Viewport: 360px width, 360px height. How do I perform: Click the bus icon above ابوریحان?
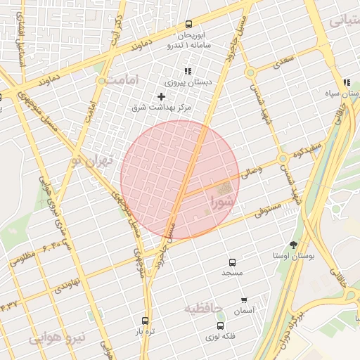point(188,24)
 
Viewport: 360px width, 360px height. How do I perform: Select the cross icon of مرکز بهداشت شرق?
point(162,96)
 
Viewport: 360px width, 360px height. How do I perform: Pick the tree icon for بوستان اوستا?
point(293,245)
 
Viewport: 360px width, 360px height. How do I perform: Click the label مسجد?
point(232,271)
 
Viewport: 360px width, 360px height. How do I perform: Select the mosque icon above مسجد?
point(233,262)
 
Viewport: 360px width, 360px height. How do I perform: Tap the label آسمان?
point(245,310)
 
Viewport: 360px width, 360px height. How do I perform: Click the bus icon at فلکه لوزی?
point(221,326)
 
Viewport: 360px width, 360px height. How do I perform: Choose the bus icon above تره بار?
point(146,321)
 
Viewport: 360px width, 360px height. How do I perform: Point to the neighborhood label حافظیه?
point(203,309)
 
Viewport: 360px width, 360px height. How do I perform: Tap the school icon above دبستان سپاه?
point(347,82)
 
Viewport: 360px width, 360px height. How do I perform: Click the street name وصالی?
point(251,172)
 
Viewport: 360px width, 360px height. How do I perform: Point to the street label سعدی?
point(282,62)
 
